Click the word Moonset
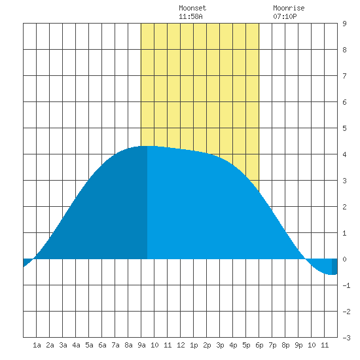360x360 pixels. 192,8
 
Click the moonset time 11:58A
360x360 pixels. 190,16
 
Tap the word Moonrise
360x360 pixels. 289,8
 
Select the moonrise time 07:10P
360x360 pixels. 285,16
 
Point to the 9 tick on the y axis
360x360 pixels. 344,24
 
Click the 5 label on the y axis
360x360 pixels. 344,128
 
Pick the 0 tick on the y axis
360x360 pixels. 344,259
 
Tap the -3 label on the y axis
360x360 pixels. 346,338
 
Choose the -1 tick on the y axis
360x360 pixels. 346,285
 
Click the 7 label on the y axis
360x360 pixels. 344,76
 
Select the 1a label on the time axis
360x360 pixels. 37,345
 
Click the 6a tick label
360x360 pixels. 102,345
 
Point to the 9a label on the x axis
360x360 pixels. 141,345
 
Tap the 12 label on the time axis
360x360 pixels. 181,345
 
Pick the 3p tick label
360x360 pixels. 220,345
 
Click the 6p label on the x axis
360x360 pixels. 259,345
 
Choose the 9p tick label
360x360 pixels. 298,345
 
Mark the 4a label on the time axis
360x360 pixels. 76,345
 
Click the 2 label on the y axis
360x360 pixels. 344,207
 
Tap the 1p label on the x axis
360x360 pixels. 194,345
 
